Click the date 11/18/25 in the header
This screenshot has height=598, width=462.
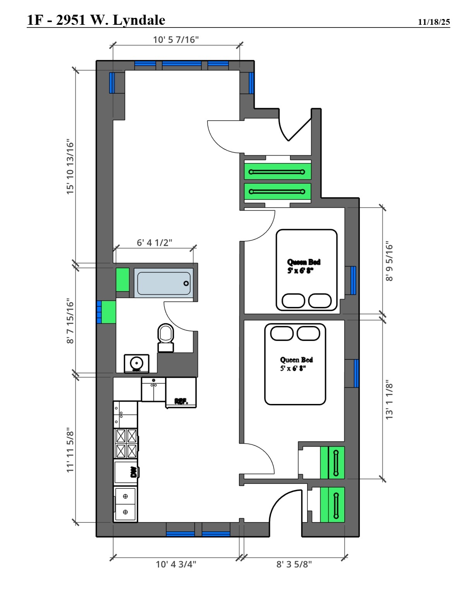434,22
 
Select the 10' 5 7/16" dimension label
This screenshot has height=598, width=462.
176,40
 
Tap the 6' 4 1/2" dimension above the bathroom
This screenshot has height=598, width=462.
155,242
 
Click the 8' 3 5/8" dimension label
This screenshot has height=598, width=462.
294,564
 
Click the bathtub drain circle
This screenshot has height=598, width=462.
186,283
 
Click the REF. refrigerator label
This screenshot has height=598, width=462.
181,401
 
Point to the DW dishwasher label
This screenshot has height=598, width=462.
134,472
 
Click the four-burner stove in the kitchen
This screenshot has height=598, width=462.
126,443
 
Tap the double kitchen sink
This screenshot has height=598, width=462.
125,504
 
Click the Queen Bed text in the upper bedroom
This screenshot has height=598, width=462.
304,262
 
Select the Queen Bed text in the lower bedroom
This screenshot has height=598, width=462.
296,360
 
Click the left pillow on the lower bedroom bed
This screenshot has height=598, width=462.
282,333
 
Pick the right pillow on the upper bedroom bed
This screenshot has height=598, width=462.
320,301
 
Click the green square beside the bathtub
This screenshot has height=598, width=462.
122,280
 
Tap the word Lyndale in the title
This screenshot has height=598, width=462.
139,21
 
